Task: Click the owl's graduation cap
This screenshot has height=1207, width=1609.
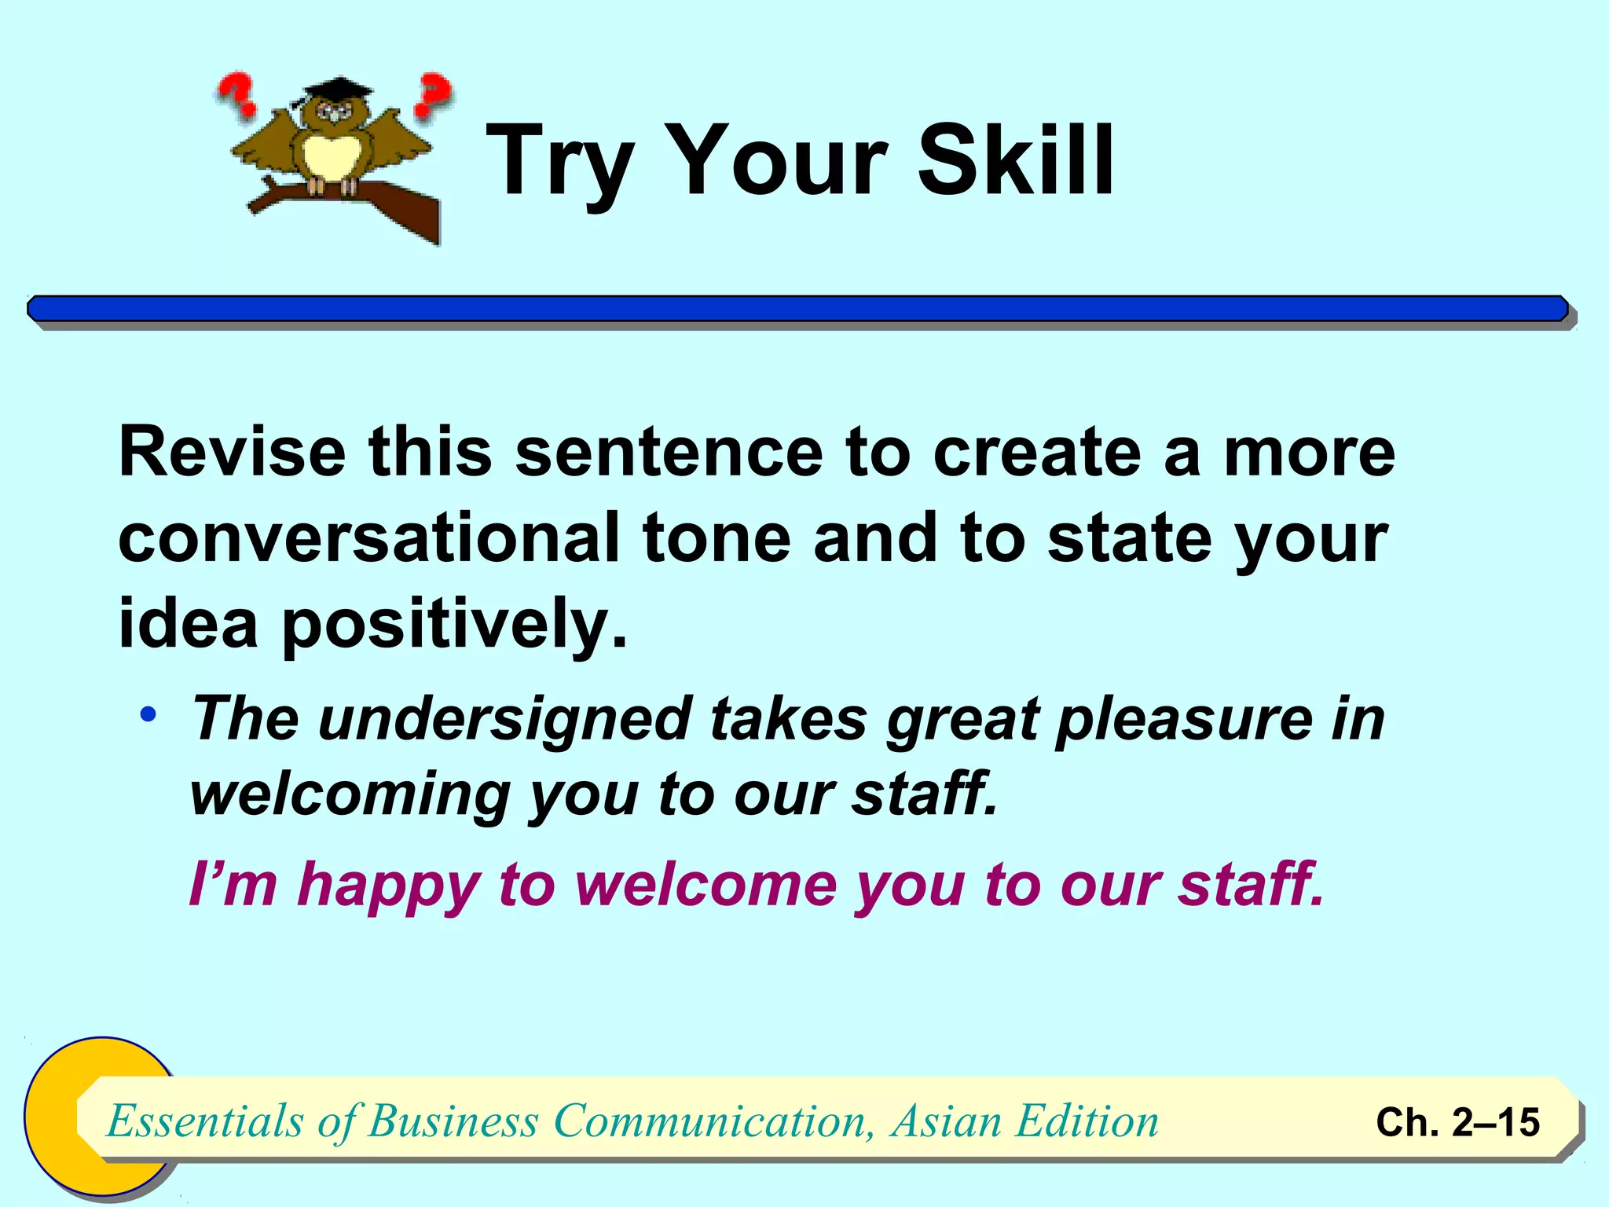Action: tap(329, 89)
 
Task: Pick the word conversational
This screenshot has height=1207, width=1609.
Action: tap(369, 537)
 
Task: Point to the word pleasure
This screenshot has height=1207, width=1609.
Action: tap(1183, 719)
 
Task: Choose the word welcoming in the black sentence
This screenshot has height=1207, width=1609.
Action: tap(350, 795)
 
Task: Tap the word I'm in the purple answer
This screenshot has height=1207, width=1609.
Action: tap(233, 884)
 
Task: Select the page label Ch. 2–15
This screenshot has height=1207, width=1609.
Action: tap(1457, 1121)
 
